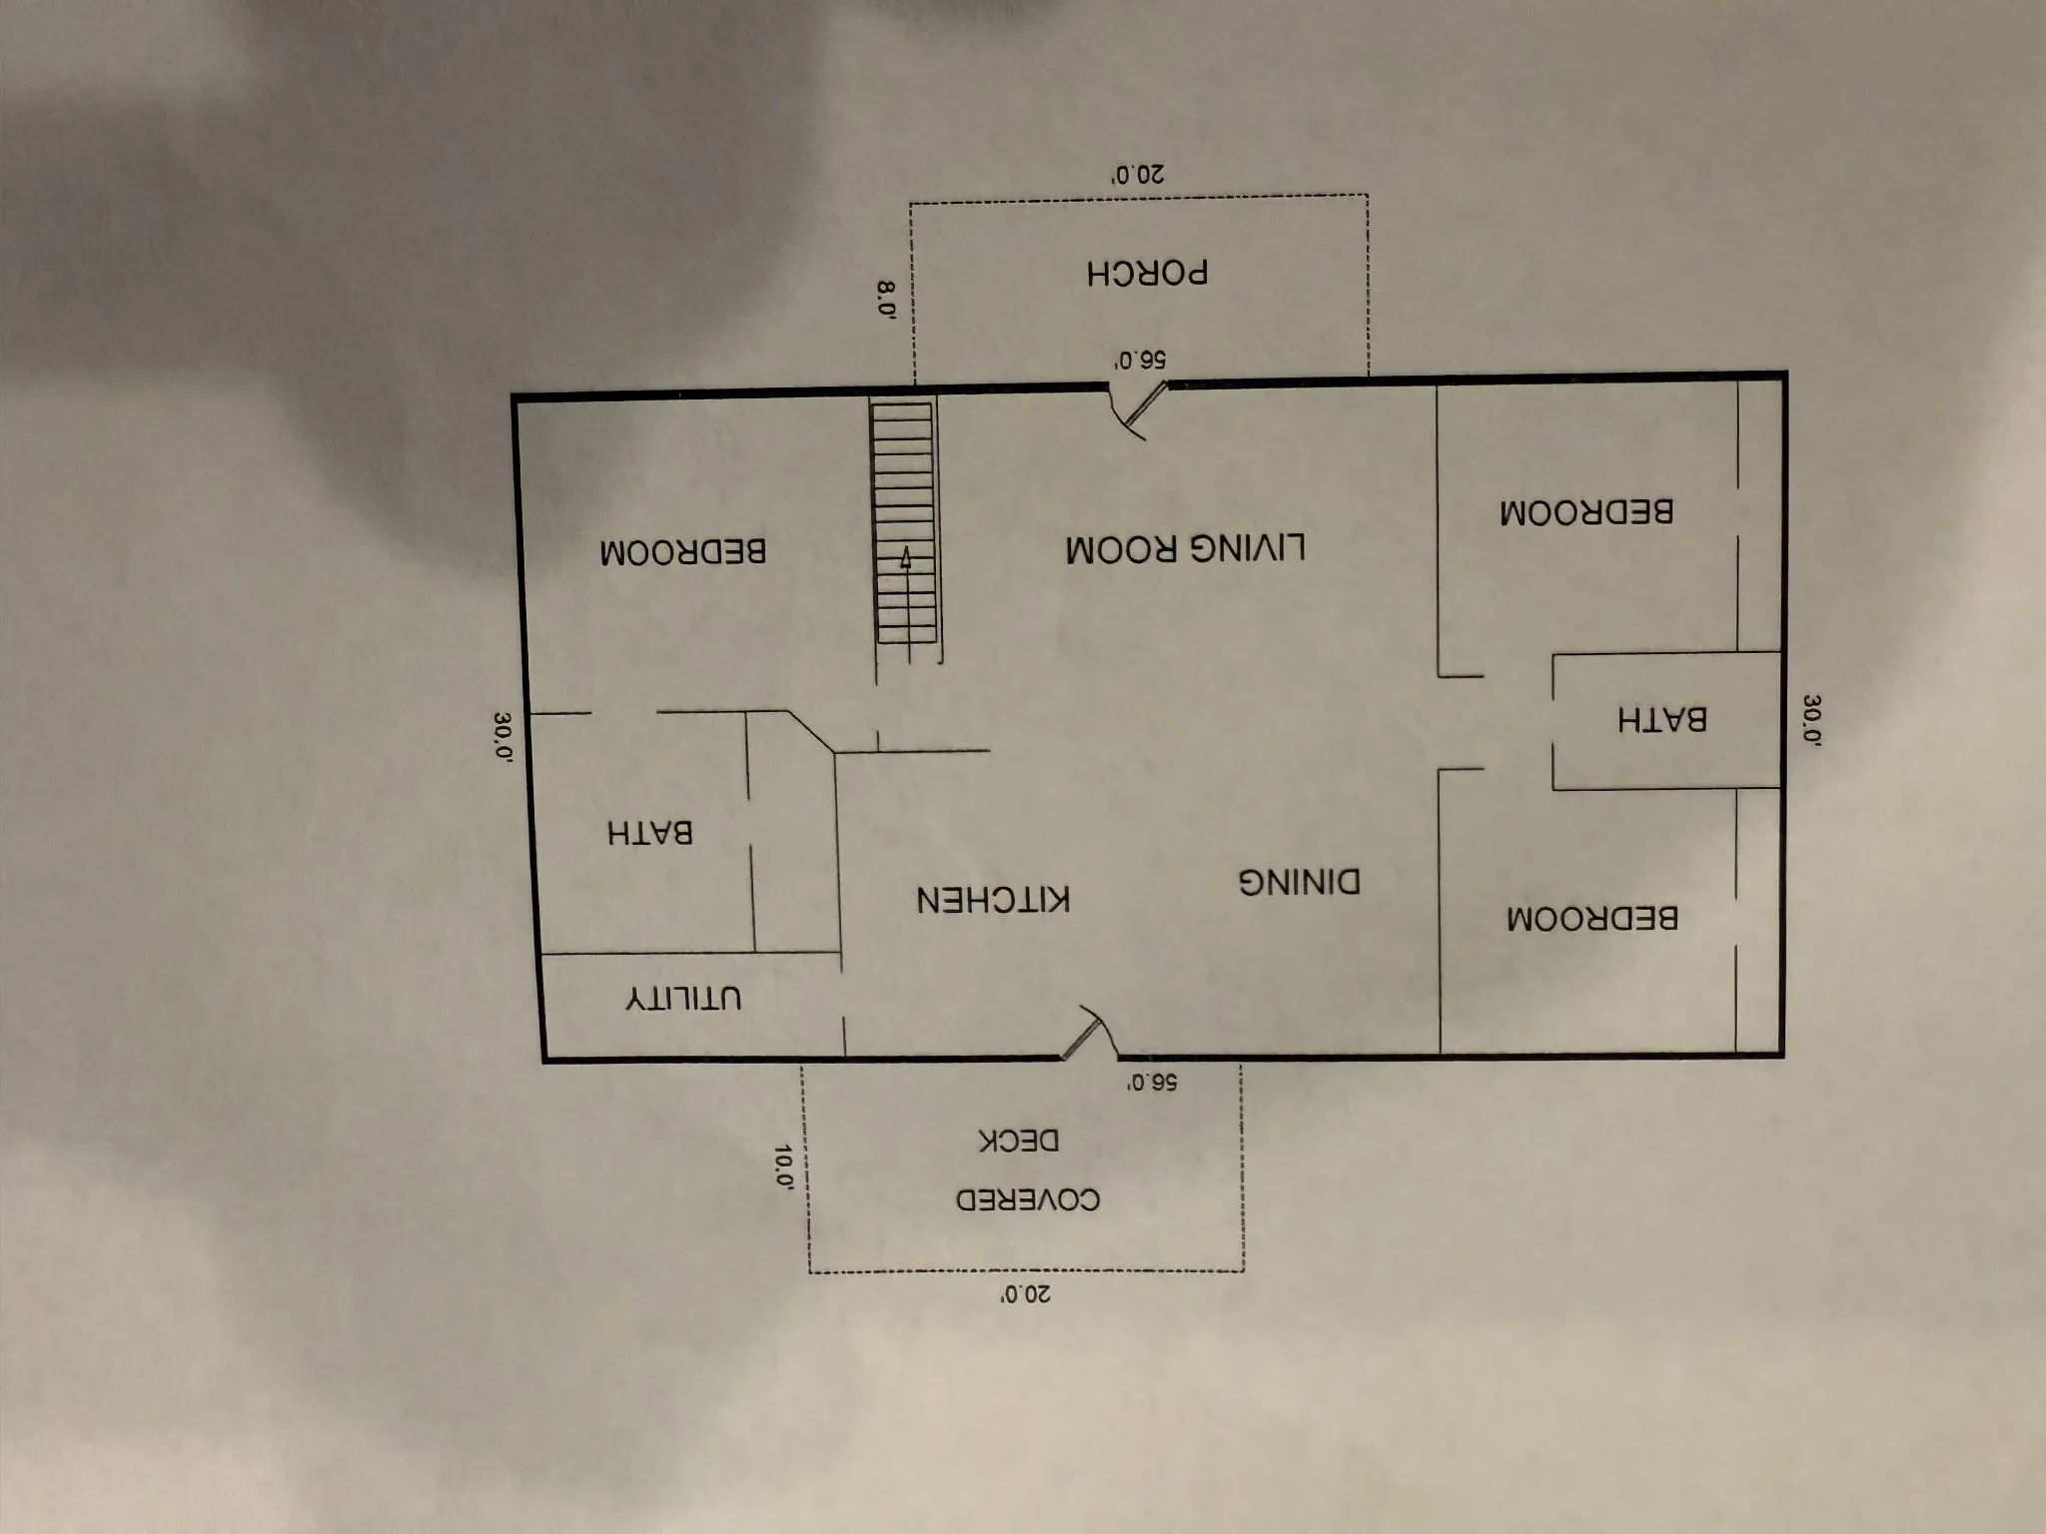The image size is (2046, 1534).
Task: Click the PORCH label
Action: click(x=1148, y=273)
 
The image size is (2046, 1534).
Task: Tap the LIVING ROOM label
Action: click(x=1186, y=548)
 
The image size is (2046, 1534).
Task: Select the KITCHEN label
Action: click(x=994, y=899)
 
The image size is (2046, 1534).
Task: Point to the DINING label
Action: click(x=1300, y=882)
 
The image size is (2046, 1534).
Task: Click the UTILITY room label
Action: click(x=684, y=998)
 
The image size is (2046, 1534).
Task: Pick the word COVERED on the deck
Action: click(x=1028, y=1198)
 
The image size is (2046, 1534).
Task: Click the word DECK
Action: click(x=1019, y=1141)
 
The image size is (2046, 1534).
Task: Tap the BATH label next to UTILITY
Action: click(x=650, y=832)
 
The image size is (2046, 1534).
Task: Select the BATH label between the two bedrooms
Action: click(x=1662, y=719)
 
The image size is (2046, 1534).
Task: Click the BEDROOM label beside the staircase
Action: click(x=683, y=551)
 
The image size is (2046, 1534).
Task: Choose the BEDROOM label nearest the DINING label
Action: click(x=1592, y=918)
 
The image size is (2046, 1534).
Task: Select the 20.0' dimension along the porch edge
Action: click(x=1139, y=175)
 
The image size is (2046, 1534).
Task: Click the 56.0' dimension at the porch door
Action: click(x=1141, y=361)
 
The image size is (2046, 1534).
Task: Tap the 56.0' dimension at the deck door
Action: click(x=1152, y=1082)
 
